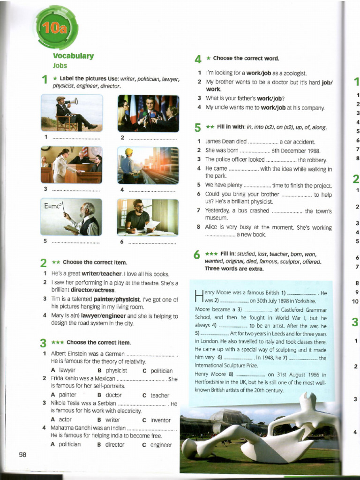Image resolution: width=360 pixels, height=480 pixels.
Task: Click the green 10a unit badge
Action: (56, 29)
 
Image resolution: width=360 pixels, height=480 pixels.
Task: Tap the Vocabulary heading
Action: (73, 56)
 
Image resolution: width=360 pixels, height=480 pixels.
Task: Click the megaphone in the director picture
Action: (71, 101)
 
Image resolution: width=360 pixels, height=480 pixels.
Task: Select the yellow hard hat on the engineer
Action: (129, 152)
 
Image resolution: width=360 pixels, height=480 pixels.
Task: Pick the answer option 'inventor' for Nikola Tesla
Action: (160, 420)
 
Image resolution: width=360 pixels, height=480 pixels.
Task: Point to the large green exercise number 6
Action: (197, 255)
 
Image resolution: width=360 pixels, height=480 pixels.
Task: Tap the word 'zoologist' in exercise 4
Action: (292, 73)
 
